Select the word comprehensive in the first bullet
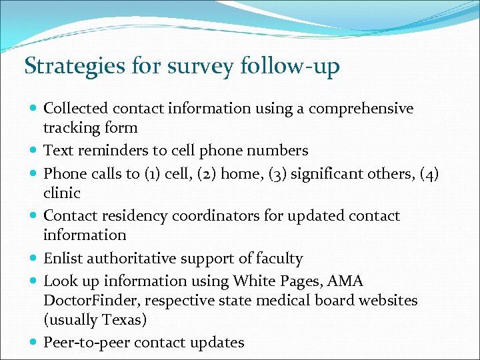tap(370, 109)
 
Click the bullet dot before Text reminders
tap(33, 151)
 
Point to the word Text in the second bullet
tap(58, 151)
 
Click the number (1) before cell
tap(151, 174)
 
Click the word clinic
tap(61, 193)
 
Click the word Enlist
tap(62, 259)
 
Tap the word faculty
tap(278, 259)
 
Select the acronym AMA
tap(345, 281)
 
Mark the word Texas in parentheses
tap(123, 320)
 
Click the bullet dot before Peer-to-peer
tap(33, 343)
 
